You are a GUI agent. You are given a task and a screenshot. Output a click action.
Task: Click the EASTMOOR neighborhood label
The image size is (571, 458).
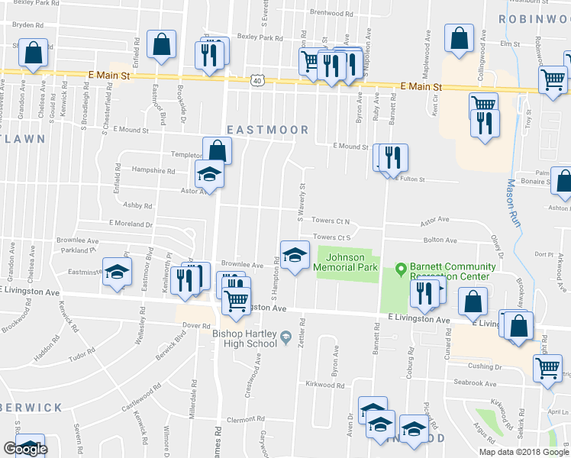click(x=267, y=131)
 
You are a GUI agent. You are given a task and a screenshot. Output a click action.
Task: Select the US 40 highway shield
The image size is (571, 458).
click(x=258, y=79)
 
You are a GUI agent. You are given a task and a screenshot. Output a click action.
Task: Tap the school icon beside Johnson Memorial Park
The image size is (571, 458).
click(x=295, y=255)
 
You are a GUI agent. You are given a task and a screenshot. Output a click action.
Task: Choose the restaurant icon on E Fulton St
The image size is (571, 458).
click(x=393, y=157)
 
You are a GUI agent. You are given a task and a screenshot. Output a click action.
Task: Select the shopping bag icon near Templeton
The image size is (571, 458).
click(x=217, y=150)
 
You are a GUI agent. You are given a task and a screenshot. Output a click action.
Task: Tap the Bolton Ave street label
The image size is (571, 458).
click(x=440, y=240)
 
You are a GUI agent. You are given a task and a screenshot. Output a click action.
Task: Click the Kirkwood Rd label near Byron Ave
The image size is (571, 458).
click(x=324, y=385)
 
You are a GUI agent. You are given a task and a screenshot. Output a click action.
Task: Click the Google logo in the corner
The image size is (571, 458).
click(x=25, y=448)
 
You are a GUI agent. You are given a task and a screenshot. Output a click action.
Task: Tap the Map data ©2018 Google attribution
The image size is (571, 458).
click(x=524, y=452)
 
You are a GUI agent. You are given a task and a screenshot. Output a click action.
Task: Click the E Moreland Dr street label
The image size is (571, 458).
click(x=131, y=224)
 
